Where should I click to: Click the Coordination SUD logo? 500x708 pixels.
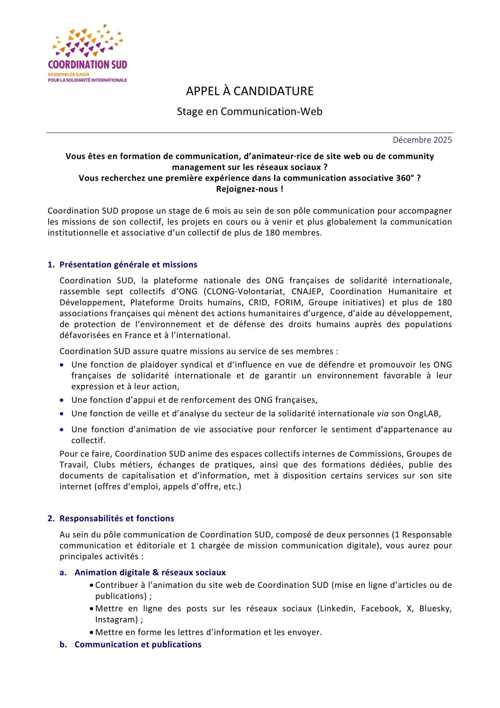tap(87, 53)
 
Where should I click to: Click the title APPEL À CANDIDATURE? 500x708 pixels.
tap(250, 91)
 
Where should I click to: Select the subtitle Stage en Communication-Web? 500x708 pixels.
tap(249, 111)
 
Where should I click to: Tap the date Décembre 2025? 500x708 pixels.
tap(422, 140)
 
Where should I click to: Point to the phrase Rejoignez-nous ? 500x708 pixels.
tap(249, 189)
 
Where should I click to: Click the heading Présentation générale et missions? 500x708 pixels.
tap(128, 265)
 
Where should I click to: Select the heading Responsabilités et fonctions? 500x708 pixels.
tap(117, 518)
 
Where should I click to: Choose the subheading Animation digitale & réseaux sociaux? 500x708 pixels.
tap(150, 572)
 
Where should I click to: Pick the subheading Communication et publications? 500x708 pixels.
tap(138, 644)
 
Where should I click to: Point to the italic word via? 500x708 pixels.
tap(383, 413)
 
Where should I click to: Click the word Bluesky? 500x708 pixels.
tap(435, 608)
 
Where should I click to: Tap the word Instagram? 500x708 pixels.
tap(116, 620)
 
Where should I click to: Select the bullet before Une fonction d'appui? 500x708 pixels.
tap(62, 400)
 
